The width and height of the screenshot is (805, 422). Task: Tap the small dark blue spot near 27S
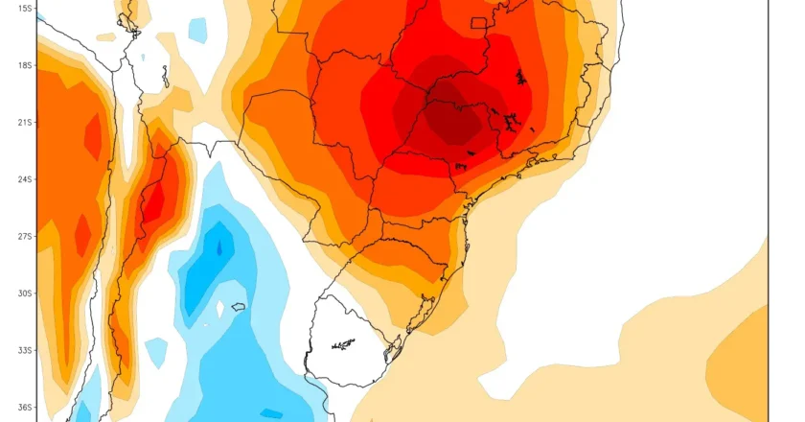(219, 248)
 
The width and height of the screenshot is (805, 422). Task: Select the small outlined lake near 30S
(238, 306)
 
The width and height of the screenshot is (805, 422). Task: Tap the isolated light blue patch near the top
(197, 29)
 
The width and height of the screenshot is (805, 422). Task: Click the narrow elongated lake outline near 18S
(165, 76)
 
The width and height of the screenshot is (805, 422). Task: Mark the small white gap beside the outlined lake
(220, 310)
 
